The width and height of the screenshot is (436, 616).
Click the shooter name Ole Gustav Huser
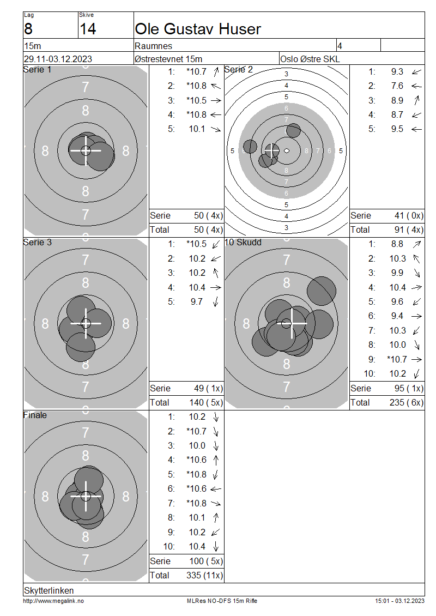pos(198,29)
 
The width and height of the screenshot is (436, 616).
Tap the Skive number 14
pos(88,29)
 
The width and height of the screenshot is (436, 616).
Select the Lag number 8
pos(28,29)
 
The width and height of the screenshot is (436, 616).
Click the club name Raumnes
pos(153,46)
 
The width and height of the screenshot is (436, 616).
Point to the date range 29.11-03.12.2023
pos(58,59)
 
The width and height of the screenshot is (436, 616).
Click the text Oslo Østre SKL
pos(310,59)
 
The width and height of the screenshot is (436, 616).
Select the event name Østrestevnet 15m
pos(168,59)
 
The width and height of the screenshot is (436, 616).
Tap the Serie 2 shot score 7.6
pos(397,86)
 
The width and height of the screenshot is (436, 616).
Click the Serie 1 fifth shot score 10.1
pos(197,129)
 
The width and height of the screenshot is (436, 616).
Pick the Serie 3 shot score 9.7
pos(196,301)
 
